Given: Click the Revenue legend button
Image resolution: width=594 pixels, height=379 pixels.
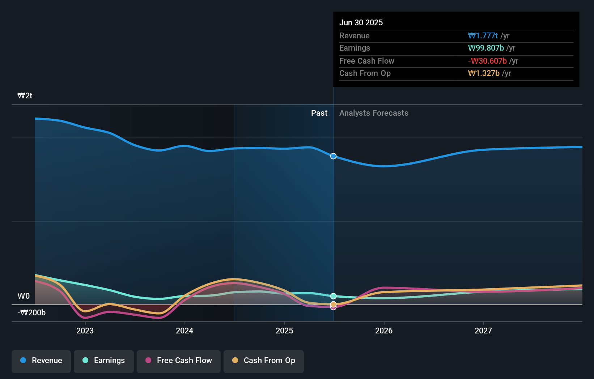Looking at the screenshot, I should click(41, 361).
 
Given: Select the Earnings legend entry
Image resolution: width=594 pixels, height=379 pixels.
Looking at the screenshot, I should click(104, 361).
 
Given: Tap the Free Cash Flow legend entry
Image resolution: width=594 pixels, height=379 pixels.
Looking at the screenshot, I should click(179, 361).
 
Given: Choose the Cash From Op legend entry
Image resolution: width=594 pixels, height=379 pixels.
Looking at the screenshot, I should click(264, 361).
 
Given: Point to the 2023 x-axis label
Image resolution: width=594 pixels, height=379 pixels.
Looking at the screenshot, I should click(85, 331).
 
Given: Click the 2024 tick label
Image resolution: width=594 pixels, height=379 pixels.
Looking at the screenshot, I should click(184, 331).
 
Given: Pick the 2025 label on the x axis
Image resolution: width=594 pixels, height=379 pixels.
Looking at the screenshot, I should click(284, 331).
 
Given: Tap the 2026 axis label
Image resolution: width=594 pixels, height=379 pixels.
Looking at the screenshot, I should click(384, 331).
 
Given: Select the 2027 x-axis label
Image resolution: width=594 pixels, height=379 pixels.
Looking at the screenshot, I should click(483, 331).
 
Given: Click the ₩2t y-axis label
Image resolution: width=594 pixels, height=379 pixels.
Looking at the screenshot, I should click(25, 96).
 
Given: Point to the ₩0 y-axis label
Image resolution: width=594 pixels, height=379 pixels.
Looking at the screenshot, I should click(24, 296).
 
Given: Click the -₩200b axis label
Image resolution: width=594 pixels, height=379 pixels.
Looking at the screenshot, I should click(31, 313).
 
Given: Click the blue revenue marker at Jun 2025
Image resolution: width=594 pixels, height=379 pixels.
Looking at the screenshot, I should click(333, 156).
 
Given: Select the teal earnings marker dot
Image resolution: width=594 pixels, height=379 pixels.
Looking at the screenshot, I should click(333, 296).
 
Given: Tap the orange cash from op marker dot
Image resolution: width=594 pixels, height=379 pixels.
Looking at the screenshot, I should click(333, 304).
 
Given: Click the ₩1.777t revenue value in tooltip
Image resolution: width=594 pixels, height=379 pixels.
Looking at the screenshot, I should click(483, 36).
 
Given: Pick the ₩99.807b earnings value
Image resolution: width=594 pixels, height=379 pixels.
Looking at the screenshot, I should click(486, 48).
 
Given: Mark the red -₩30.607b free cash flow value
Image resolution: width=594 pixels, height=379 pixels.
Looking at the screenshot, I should click(487, 61).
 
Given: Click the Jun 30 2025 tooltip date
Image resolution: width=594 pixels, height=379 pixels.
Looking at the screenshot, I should click(361, 23).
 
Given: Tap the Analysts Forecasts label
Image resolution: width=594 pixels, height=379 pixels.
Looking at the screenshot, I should click(374, 113).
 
